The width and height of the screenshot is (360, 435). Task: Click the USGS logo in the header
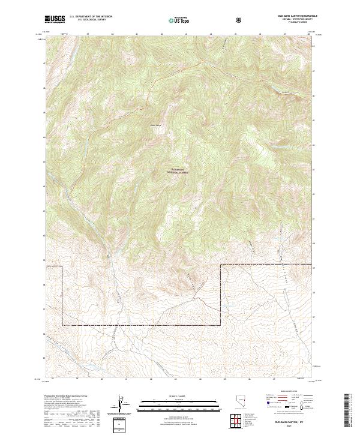pos(55,19)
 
